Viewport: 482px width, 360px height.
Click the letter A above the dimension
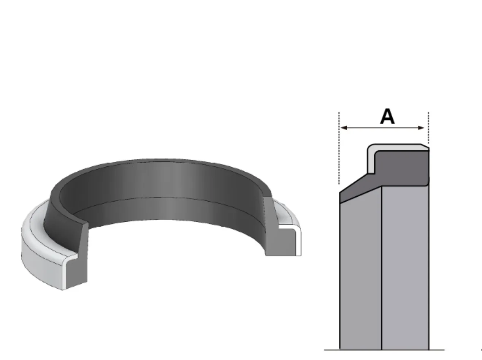387,117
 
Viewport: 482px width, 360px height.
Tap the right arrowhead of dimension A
421,128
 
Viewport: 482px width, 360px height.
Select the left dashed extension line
339,148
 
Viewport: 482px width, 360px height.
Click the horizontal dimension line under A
382,128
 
